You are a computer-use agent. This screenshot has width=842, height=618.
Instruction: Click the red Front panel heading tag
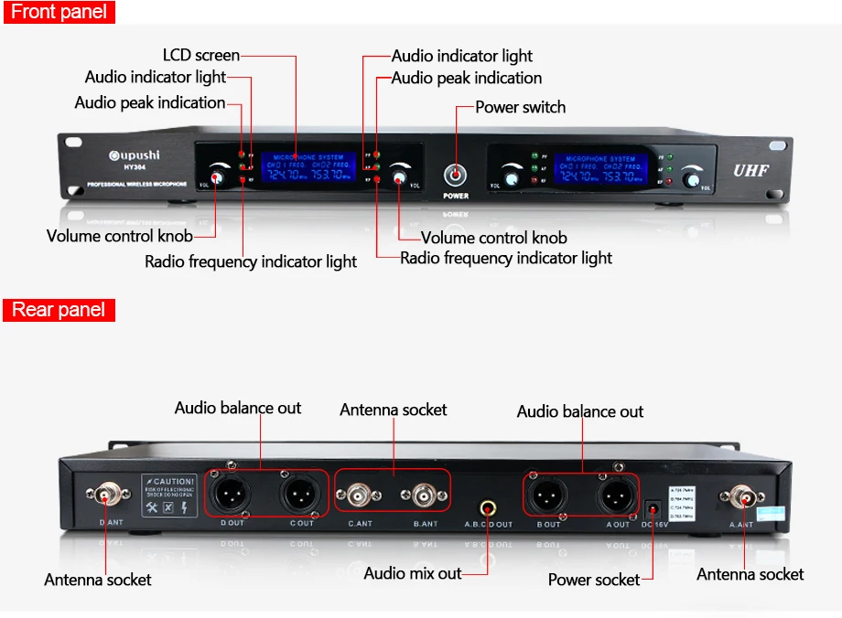coord(59,12)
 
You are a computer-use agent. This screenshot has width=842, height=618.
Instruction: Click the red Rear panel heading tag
coord(59,310)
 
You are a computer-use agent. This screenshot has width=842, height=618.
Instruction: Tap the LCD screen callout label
coord(200,56)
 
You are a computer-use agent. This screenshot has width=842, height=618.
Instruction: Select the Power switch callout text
coord(520,107)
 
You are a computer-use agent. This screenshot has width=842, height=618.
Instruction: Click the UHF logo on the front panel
coord(750,170)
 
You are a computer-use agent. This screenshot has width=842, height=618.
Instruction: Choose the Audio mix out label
coord(413,573)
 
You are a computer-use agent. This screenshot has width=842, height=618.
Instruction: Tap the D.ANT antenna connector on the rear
coord(106,496)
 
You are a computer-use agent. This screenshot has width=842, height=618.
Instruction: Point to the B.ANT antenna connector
coord(425,496)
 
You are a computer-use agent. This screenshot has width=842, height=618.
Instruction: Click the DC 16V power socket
coord(653,506)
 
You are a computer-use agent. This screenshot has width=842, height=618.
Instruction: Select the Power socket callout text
coord(593,580)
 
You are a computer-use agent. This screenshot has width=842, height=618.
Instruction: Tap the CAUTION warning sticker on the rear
coord(169,495)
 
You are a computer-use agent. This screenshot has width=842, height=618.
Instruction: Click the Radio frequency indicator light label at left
coord(251,262)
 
